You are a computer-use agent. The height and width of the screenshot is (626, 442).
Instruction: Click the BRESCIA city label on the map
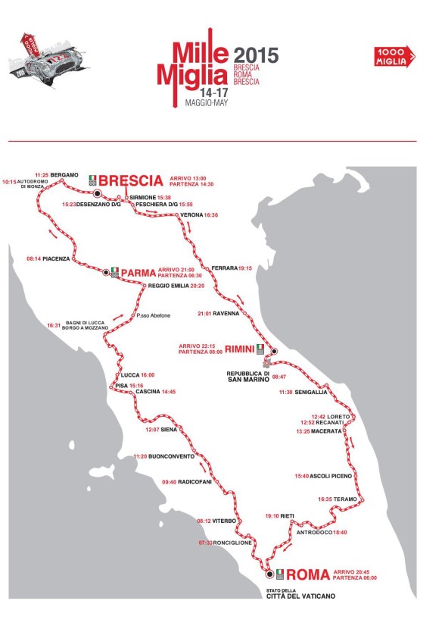coord(131,180)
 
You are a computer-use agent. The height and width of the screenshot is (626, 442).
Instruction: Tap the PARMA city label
coord(138,271)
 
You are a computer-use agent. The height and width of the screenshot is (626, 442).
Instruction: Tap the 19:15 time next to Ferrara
coord(245,268)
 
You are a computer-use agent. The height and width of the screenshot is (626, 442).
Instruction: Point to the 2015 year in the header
coord(256,55)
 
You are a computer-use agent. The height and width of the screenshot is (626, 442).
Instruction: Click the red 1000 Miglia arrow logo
coord(394,55)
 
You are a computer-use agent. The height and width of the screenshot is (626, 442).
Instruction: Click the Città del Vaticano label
coord(300,596)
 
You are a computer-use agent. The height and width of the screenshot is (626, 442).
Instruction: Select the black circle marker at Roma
coord(269,574)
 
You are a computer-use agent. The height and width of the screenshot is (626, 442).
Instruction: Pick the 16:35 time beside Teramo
coord(325,499)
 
